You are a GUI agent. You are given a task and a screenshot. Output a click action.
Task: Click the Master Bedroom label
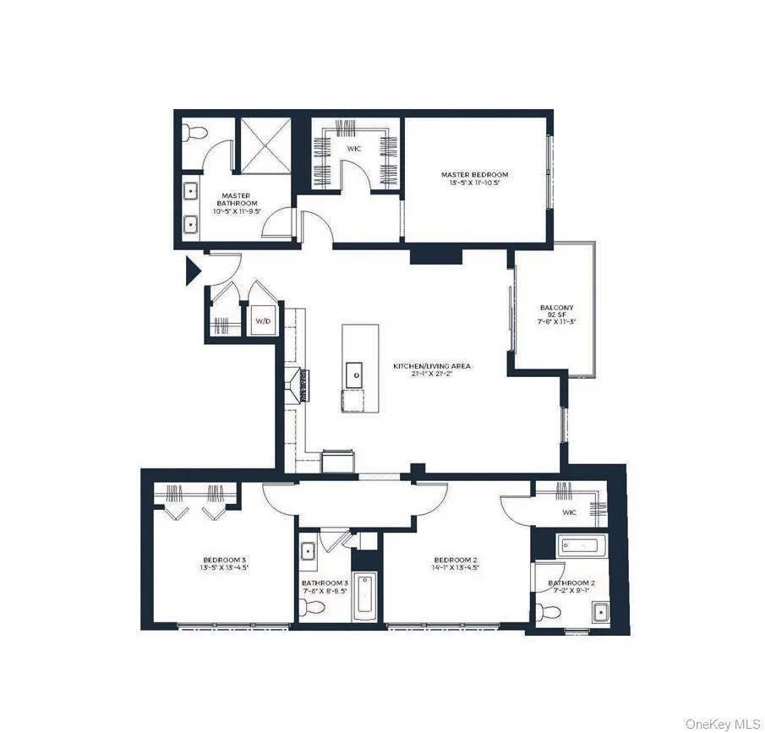coord(474,175)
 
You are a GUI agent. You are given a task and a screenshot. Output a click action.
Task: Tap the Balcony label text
coord(556,308)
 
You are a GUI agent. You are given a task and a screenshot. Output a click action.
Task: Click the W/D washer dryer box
coord(261,321)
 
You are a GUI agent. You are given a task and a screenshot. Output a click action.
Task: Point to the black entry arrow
coord(193,270)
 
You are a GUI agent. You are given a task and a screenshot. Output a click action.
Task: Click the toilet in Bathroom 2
coord(543,612)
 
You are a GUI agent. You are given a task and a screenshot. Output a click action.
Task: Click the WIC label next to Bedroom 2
coord(569,511)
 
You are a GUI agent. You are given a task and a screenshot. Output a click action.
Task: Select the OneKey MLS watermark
coord(723,724)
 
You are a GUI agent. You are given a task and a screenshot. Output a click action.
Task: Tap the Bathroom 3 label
coord(325,583)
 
